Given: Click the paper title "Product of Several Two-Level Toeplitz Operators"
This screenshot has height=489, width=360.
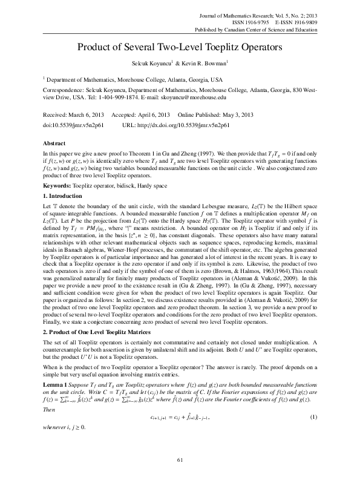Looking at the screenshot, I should point(180,47).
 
